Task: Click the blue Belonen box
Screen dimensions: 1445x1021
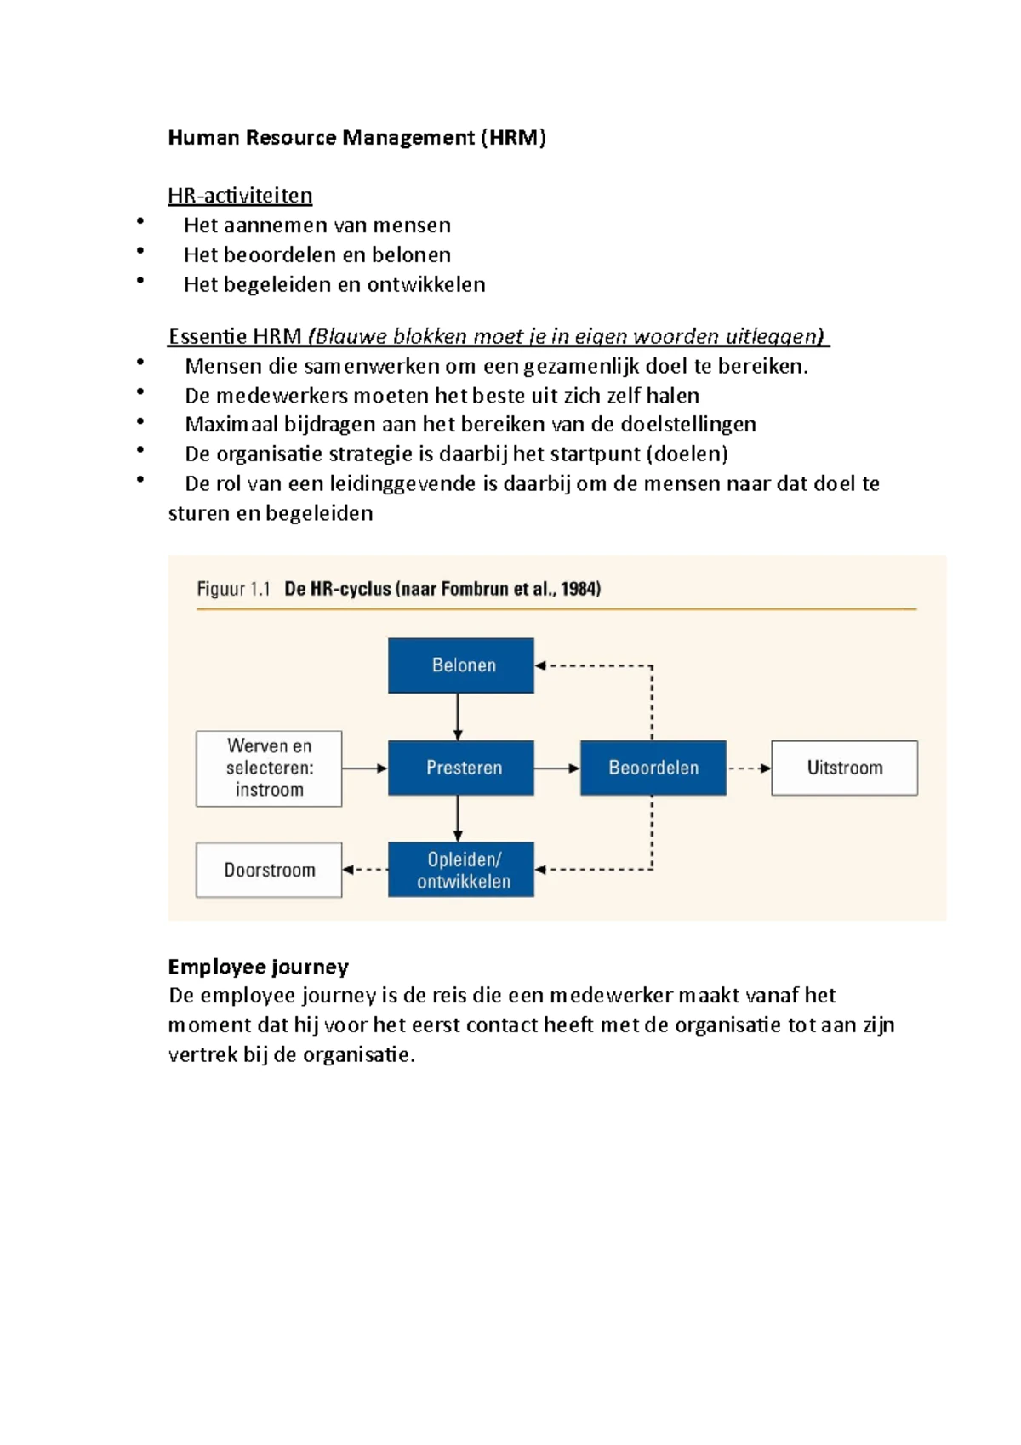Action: point(461,665)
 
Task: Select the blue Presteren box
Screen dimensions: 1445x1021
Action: point(461,768)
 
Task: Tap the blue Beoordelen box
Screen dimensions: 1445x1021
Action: point(653,768)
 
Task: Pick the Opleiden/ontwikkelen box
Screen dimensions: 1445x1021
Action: point(461,870)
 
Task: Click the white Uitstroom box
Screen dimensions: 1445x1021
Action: point(844,768)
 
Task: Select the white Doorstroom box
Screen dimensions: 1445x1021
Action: point(269,870)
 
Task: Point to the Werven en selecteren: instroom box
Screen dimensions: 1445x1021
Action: point(269,768)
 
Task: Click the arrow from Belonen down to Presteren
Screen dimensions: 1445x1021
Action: point(458,717)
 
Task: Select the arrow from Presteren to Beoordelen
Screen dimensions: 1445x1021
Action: point(556,768)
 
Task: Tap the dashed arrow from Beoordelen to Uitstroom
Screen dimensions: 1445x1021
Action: point(749,768)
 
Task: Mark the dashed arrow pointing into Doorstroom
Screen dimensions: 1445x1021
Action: point(365,870)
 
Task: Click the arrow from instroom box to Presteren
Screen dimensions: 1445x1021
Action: point(365,768)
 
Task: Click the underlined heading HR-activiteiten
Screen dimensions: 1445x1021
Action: point(240,196)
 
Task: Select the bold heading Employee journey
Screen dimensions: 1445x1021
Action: point(258,967)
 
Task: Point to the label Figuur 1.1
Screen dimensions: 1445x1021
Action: point(233,589)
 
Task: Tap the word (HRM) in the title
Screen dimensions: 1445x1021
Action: point(512,138)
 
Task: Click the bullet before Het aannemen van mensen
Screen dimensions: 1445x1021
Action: point(140,223)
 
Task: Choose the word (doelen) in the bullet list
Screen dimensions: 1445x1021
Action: point(687,454)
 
